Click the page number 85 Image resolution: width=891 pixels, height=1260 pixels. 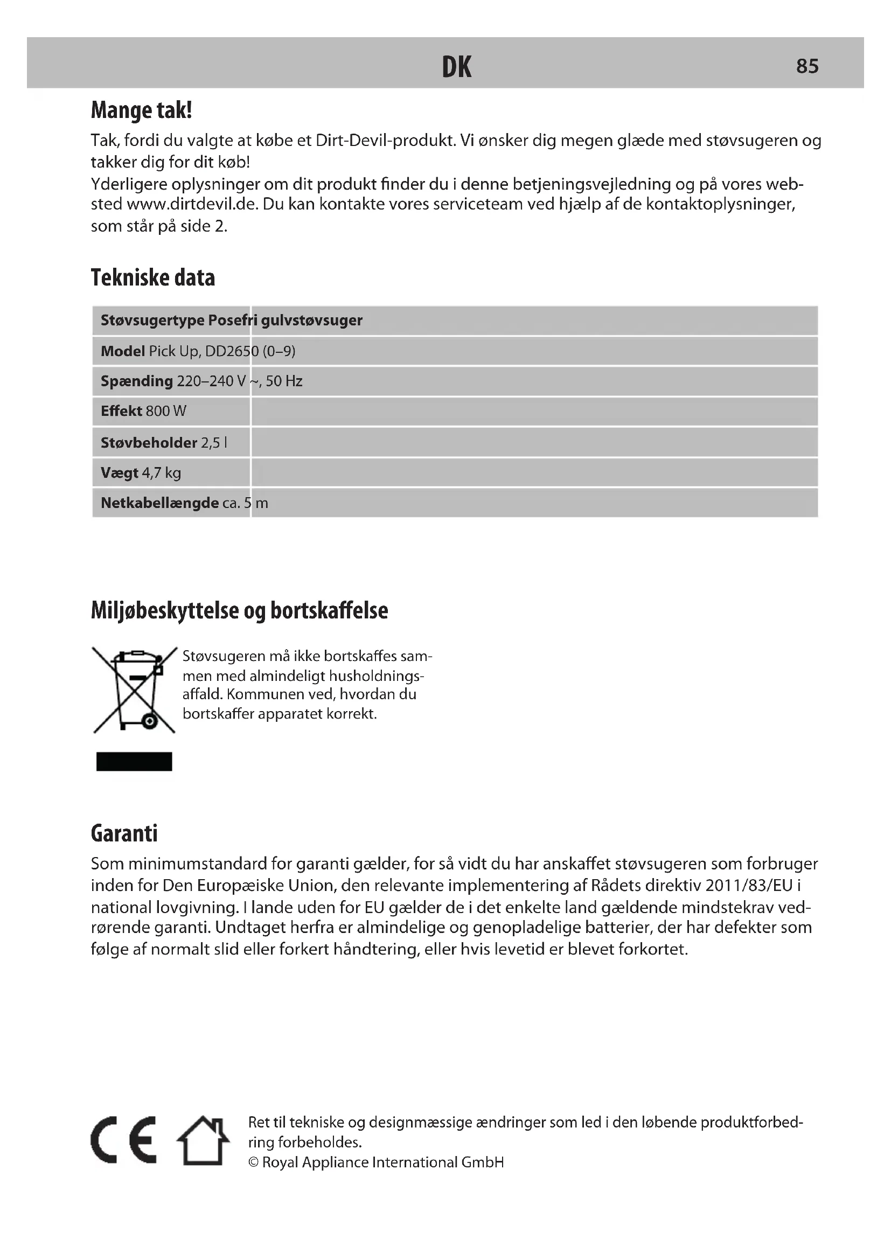click(807, 66)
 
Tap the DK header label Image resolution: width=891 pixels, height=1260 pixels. click(456, 67)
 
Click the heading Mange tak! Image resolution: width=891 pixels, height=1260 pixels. click(142, 110)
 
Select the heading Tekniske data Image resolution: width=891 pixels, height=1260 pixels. click(153, 277)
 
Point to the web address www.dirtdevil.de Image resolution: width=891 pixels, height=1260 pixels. click(192, 204)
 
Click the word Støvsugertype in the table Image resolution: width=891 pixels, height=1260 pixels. click(152, 320)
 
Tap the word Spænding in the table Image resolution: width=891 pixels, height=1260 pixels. click(137, 381)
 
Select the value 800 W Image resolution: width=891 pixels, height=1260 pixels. click(166, 411)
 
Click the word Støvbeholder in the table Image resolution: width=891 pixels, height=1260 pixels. click(149, 442)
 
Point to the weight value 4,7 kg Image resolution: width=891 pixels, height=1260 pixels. click(161, 472)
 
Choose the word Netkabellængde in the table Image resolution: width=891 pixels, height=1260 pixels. click(159, 503)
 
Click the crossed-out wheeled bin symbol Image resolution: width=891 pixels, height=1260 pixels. click(135, 690)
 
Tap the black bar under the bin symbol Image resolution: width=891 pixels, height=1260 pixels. click(135, 761)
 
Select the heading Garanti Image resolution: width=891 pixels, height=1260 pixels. click(124, 833)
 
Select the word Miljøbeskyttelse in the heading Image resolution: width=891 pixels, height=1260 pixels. click(165, 610)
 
